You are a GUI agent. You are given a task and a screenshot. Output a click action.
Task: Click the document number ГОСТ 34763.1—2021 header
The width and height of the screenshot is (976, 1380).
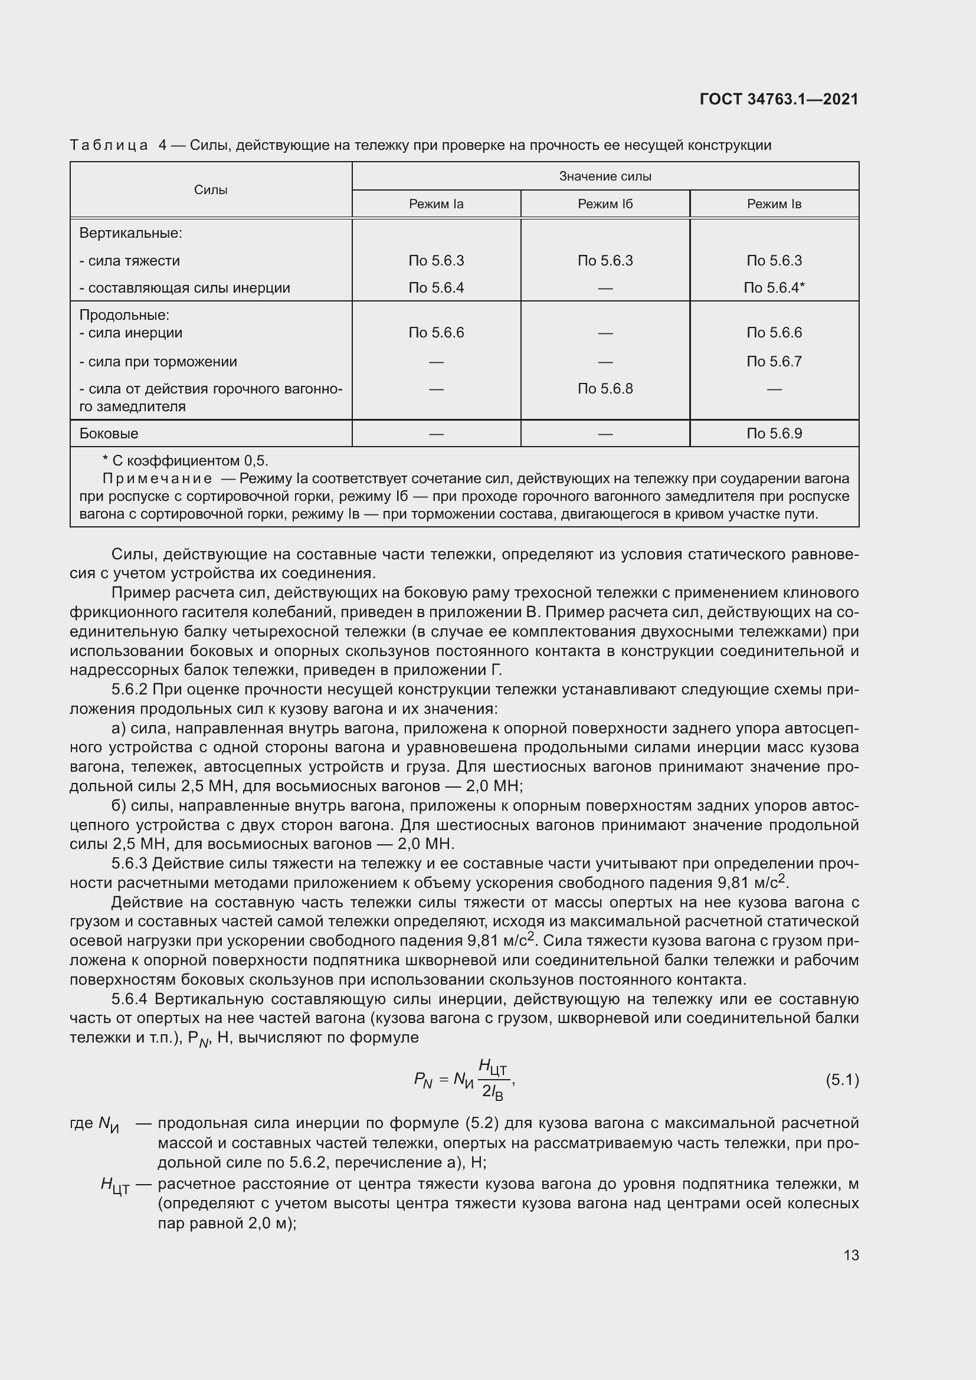(779, 99)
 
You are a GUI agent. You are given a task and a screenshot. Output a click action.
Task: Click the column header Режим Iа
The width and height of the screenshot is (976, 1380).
(436, 204)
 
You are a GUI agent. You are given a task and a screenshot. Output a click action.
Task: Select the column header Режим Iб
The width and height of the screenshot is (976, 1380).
(605, 204)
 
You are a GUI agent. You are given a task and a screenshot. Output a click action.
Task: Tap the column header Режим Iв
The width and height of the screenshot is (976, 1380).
(774, 204)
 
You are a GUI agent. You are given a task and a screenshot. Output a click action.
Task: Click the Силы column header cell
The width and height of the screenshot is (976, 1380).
(211, 190)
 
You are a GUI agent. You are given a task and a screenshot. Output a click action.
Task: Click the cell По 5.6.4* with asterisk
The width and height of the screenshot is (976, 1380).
(774, 288)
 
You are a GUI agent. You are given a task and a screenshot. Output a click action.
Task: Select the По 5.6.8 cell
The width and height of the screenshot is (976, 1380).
(605, 389)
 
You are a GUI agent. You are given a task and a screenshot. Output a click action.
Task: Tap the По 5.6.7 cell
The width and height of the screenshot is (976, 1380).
(774, 362)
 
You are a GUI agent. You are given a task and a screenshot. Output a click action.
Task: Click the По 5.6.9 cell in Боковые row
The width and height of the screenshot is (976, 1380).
(774, 434)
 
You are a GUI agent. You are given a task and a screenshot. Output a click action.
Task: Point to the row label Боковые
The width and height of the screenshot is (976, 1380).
(109, 434)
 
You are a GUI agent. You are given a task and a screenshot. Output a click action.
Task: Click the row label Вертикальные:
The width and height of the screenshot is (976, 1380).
(130, 233)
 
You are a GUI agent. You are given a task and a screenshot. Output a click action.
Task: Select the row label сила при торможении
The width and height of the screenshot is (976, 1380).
(158, 362)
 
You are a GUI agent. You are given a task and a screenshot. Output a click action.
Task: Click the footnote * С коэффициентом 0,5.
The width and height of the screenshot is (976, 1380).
(186, 461)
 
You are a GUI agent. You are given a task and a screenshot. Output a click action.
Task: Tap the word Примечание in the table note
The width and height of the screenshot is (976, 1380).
(158, 479)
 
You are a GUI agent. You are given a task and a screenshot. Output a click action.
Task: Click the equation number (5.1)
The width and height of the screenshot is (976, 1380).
(842, 1080)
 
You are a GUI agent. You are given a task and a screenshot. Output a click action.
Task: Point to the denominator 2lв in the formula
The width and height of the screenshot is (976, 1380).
(492, 1092)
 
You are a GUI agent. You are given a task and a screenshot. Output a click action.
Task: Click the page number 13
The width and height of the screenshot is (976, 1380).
(851, 1255)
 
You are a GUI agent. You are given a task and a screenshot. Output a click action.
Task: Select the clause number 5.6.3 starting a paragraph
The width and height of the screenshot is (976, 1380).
(129, 864)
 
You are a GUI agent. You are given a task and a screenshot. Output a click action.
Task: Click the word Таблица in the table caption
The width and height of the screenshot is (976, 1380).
(109, 146)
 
